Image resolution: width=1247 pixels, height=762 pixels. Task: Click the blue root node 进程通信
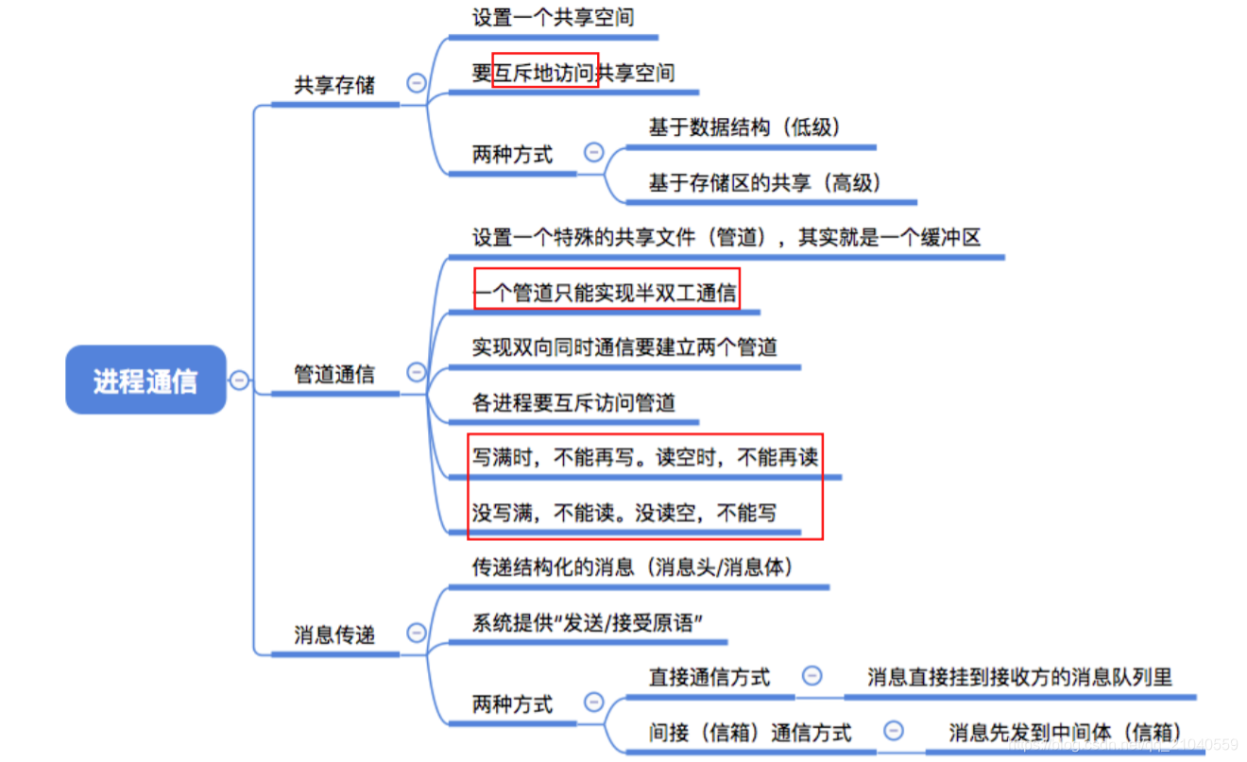click(x=145, y=381)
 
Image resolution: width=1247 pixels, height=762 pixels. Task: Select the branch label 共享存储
click(x=334, y=85)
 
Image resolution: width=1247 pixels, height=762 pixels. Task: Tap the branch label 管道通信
click(x=334, y=375)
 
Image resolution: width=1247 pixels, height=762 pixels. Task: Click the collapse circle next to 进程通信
click(x=240, y=381)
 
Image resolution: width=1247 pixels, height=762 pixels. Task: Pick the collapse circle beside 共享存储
click(x=416, y=83)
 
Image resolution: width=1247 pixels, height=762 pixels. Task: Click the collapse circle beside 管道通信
click(x=416, y=373)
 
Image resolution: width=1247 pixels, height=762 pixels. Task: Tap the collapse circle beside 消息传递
click(x=416, y=633)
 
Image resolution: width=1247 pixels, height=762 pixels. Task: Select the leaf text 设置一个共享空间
click(x=553, y=17)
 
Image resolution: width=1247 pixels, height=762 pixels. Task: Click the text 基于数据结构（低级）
click(x=744, y=127)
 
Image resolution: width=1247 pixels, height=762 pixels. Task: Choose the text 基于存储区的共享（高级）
click(x=765, y=183)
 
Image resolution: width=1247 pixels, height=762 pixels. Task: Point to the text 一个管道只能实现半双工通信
click(x=605, y=293)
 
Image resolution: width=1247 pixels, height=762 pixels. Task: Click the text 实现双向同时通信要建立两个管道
click(x=624, y=347)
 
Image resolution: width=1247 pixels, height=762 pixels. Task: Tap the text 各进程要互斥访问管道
click(x=573, y=403)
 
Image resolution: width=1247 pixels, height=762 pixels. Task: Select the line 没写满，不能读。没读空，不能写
click(x=624, y=514)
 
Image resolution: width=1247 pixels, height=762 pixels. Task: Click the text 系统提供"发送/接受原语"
click(x=587, y=623)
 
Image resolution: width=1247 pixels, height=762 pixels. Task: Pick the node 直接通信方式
click(x=709, y=677)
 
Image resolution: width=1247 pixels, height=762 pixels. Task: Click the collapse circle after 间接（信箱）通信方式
click(x=893, y=731)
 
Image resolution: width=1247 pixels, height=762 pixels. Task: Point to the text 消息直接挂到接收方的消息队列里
click(x=1019, y=677)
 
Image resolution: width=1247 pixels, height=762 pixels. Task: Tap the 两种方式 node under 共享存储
click(x=512, y=154)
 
